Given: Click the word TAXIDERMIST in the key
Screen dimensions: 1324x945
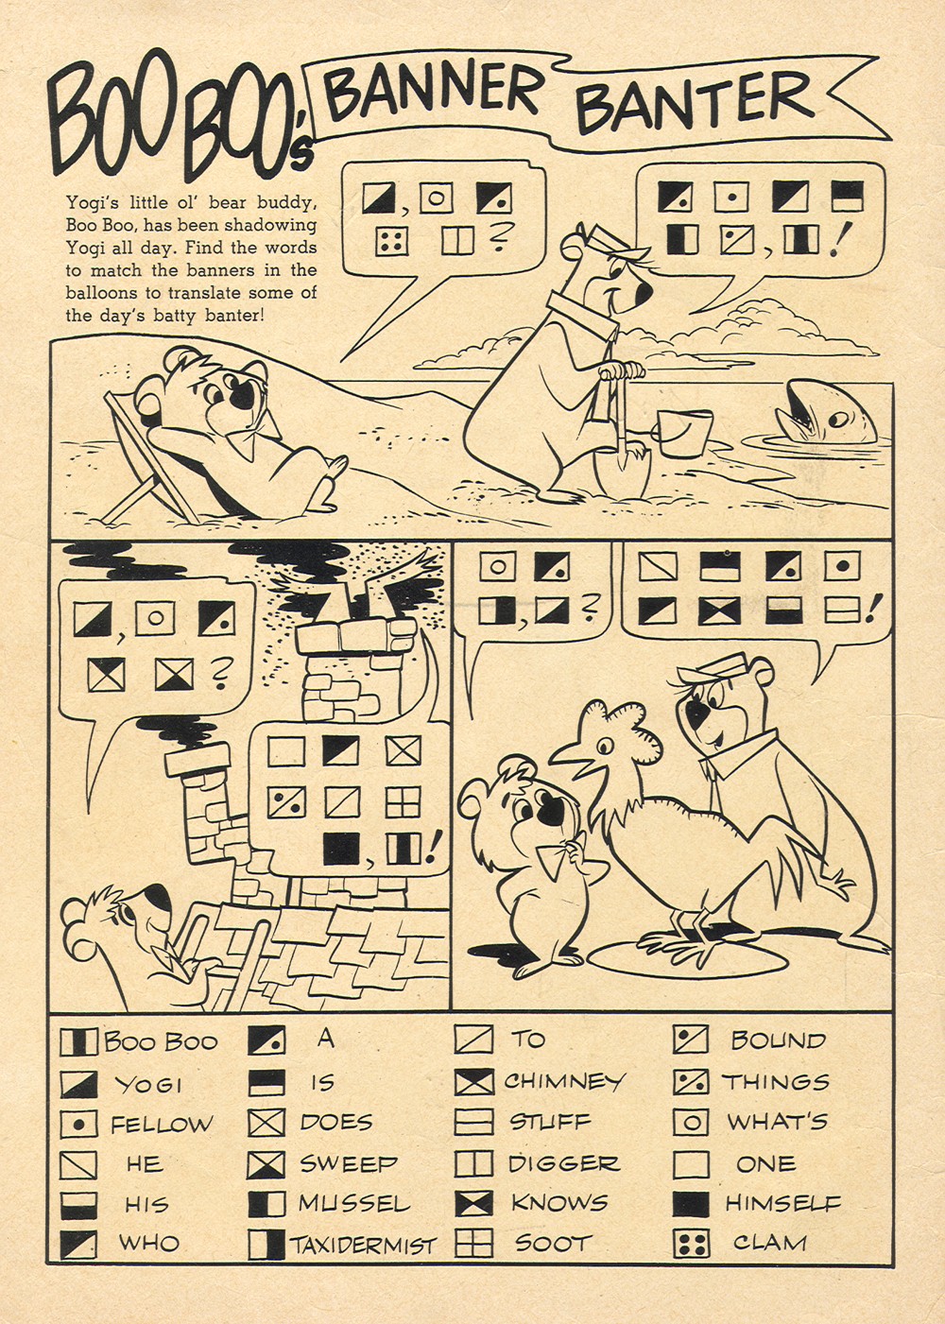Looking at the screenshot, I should pyautogui.click(x=364, y=1245).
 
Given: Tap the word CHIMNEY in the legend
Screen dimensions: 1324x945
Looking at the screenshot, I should pyautogui.click(x=564, y=1080).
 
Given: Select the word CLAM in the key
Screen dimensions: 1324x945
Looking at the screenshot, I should pyautogui.click(x=769, y=1243).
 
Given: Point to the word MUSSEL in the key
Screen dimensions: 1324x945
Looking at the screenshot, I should pyautogui.click(x=354, y=1203).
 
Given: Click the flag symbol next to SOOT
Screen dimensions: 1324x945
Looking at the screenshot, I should pyautogui.click(x=473, y=1244).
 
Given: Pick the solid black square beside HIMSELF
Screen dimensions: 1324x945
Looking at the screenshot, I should pyautogui.click(x=691, y=1204).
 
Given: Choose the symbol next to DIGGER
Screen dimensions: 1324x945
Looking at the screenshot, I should pyautogui.click(x=473, y=1163).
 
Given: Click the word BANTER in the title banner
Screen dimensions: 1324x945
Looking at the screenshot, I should pyautogui.click(x=694, y=102).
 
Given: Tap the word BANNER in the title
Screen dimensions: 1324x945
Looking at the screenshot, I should pyautogui.click(x=436, y=93).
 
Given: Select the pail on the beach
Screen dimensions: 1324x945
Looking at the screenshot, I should pyautogui.click(x=684, y=434).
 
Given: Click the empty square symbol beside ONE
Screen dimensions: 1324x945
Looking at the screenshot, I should pyautogui.click(x=691, y=1164).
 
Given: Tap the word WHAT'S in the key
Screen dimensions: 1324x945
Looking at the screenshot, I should pyautogui.click(x=777, y=1122).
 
